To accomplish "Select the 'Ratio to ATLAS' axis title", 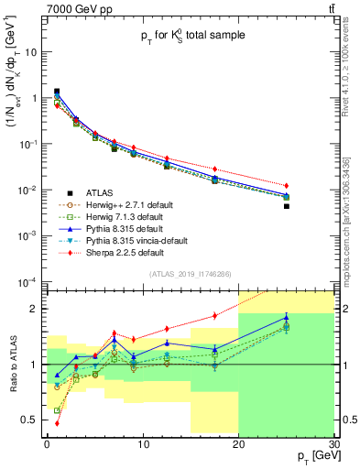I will [14, 364].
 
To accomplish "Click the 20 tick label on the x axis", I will [238, 444].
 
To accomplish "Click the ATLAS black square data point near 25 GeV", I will [287, 206].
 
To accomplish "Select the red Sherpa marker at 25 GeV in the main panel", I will [287, 186].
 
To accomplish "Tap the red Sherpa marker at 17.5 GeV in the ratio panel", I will [214, 315].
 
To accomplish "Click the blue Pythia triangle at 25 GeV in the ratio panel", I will [287, 318].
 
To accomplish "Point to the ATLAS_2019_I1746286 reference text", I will [189, 274].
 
